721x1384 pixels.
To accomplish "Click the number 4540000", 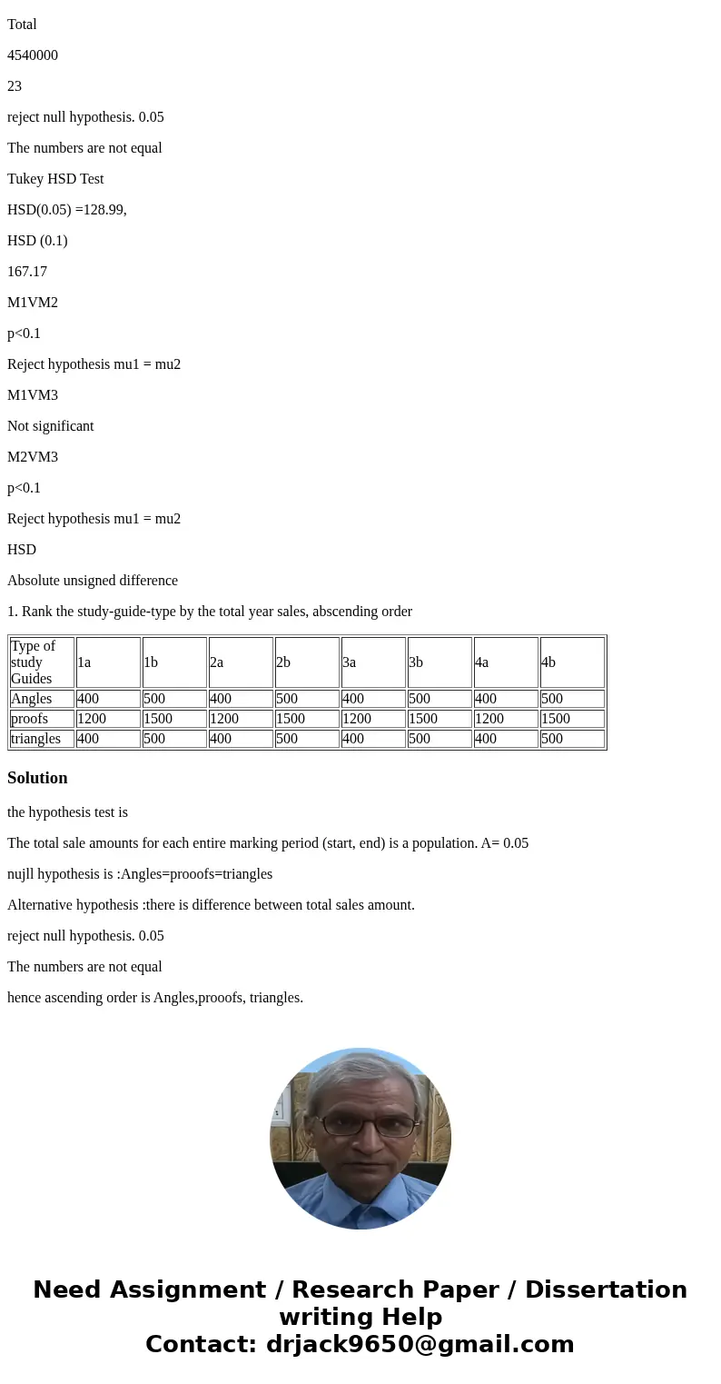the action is (x=33, y=55).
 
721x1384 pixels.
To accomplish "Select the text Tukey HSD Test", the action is (x=55, y=179).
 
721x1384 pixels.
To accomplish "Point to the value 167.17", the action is (x=27, y=272).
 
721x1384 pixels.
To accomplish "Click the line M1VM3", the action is (x=33, y=395).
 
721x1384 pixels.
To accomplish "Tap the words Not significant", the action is (x=50, y=426).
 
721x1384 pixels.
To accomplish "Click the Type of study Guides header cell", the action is (x=42, y=662).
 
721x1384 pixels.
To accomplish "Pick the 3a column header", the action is (x=373, y=662).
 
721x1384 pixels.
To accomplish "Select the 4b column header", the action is (x=572, y=662).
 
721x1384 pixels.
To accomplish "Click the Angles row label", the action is (x=42, y=699).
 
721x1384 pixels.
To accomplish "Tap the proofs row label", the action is (x=42, y=719).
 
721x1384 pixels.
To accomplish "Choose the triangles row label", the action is (x=42, y=739).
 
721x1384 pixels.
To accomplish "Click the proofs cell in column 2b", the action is (x=307, y=719).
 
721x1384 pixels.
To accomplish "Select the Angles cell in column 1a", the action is (x=108, y=699).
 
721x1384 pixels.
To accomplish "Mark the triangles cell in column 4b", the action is (x=572, y=739).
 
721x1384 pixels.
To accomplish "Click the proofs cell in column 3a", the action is (x=373, y=719).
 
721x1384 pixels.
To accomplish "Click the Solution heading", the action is (x=37, y=778).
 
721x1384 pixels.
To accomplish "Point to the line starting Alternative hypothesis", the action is (x=211, y=905).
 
